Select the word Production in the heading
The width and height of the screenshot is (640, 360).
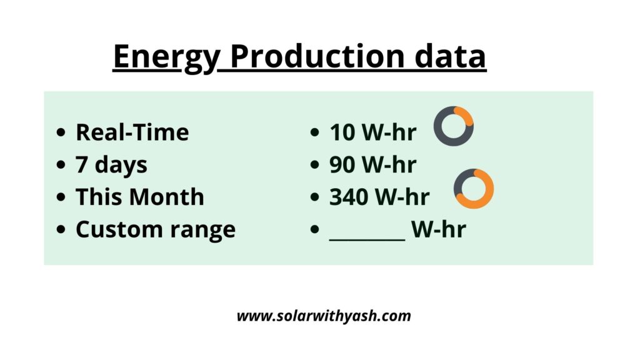tap(315, 57)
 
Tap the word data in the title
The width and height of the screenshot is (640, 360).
tap(449, 57)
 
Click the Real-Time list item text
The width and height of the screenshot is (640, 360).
tap(132, 132)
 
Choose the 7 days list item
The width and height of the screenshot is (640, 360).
tap(111, 165)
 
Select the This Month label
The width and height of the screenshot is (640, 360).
tap(139, 197)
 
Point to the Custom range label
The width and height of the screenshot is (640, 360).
tap(155, 229)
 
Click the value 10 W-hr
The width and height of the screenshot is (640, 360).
tap(372, 132)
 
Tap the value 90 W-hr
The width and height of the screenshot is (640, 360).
tap(372, 165)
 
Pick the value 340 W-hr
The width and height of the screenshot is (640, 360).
tap(379, 197)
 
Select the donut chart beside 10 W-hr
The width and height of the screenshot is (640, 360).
tap(453, 126)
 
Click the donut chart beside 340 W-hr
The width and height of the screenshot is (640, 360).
tap(474, 189)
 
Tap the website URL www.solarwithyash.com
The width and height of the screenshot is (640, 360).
tap(323, 316)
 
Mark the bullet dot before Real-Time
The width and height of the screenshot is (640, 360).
tap(61, 133)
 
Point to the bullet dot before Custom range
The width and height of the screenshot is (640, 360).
tap(61, 230)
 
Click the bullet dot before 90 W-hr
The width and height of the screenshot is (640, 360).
tap(316, 166)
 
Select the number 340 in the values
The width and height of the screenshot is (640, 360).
tap(349, 197)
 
